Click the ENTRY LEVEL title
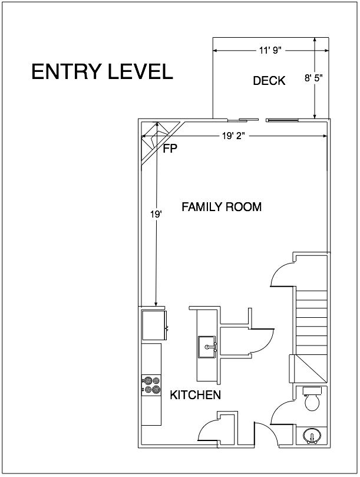102,71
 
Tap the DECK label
269,81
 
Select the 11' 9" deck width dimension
270,50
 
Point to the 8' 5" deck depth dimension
313,78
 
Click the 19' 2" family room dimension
233,136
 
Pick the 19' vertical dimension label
156,214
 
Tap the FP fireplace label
170,149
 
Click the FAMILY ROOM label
222,207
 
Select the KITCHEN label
195,395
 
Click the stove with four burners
151,385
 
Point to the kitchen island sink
207,347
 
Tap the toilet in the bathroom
312,398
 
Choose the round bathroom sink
312,436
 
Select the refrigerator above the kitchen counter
154,325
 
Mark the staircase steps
311,323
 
